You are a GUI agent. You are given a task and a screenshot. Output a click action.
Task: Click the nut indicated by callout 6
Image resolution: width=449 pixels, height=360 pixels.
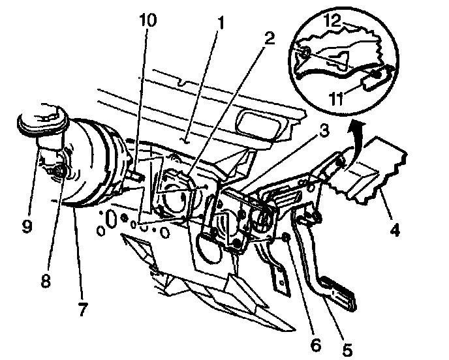click(286, 241)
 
